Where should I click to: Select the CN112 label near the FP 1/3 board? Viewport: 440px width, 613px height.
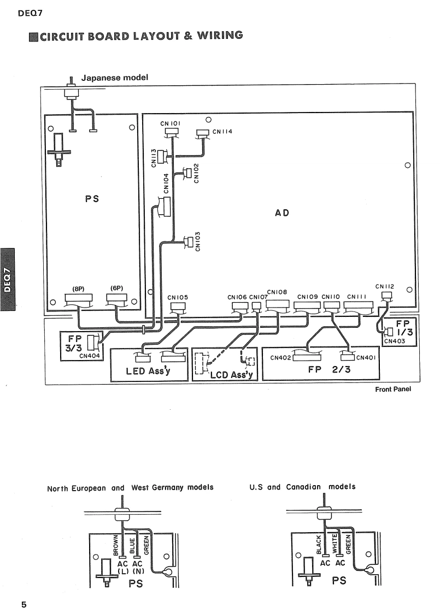385,286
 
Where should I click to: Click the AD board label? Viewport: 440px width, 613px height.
274,212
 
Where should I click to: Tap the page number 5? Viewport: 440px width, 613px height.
24,604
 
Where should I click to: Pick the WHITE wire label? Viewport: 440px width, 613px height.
335,544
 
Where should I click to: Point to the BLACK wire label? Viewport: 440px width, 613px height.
319,544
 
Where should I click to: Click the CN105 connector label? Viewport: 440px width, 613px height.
178,297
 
